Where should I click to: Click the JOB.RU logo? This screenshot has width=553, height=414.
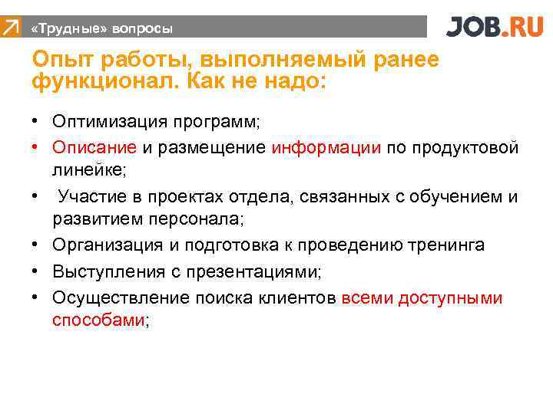coord(495,28)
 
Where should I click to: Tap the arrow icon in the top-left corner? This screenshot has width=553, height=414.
coord(10,28)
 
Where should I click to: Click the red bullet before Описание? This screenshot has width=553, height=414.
coord(36,147)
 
